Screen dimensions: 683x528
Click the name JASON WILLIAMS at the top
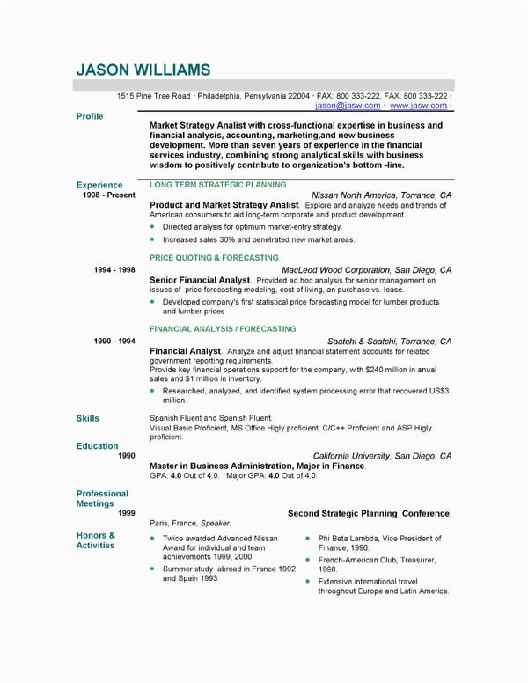pos(143,69)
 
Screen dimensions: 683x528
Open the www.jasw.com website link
pos(418,106)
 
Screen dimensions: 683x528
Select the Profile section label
pos(90,116)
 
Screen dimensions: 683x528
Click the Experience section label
pos(99,185)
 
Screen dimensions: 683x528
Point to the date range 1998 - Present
pos(108,195)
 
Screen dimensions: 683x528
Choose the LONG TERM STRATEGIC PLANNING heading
pos(217,185)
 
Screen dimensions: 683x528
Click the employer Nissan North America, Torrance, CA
pos(381,195)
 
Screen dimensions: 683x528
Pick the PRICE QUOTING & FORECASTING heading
pos(214,257)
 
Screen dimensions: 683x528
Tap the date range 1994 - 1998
pos(114,270)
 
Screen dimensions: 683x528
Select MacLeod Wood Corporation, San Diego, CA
pos(366,270)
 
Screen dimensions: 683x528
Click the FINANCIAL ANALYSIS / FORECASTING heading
pos(223,328)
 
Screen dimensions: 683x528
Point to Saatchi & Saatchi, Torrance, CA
pos(389,341)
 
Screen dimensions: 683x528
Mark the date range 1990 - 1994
pos(114,341)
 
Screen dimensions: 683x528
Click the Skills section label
pos(88,418)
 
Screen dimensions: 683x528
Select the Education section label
pos(97,446)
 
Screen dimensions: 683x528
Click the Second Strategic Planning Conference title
pos(369,512)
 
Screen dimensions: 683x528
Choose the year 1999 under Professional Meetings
pos(127,512)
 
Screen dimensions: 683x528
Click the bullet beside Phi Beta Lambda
pos(307,538)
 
